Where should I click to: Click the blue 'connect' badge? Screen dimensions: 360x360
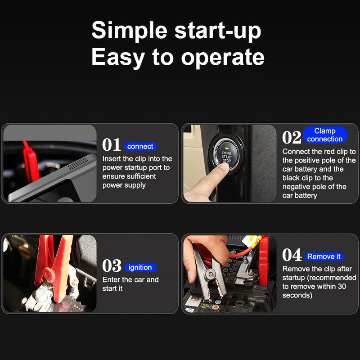140,147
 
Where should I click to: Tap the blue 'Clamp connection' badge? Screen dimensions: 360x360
325,135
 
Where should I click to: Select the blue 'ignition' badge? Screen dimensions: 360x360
140,267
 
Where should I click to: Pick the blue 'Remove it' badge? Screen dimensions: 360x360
324,256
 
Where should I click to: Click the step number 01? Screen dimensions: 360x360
112,145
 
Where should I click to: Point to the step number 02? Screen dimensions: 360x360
292,138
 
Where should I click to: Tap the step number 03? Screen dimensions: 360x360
112,265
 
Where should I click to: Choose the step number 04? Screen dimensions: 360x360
292,255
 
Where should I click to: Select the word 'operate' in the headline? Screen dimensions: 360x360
223,58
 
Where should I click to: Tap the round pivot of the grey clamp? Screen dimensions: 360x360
209,274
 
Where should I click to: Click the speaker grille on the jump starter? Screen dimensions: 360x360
78,164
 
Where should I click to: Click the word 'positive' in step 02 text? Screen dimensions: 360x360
308,160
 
